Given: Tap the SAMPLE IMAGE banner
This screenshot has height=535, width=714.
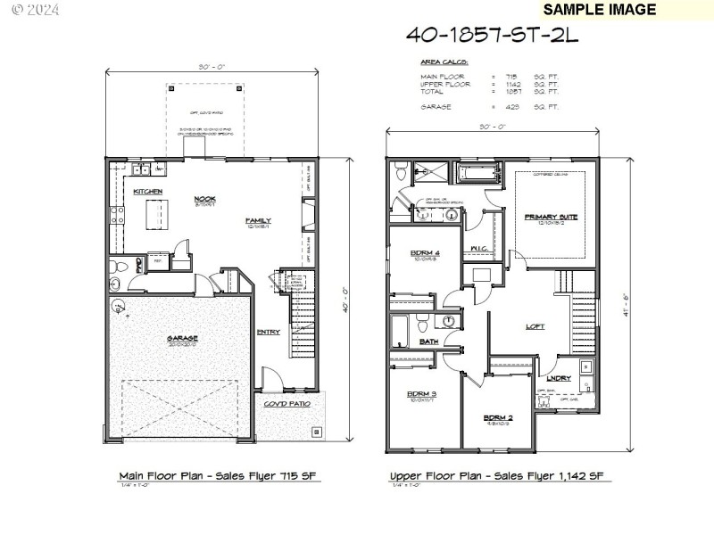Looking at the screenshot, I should [599, 10].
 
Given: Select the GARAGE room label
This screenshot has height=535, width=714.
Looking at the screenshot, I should [181, 338].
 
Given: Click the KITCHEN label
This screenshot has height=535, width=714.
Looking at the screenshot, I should [147, 192].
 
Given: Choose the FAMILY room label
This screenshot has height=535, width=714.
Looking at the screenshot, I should [259, 220].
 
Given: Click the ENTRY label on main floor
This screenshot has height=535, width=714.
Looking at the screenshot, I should [268, 333].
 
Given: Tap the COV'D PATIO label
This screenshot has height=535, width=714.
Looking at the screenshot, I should [286, 403].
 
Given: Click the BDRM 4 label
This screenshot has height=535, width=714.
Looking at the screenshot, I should [425, 252].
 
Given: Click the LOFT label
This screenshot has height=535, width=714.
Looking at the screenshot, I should [535, 326].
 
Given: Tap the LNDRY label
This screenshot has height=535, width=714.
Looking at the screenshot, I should [560, 378].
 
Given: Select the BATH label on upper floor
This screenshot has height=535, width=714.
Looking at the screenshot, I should [428, 342].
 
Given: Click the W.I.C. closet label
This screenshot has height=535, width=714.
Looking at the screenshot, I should [477, 247].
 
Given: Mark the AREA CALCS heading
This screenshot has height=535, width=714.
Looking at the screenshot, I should [444, 62].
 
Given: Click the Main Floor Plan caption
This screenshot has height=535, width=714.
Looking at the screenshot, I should [220, 476].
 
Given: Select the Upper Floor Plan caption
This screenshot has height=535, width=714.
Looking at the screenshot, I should [501, 476].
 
